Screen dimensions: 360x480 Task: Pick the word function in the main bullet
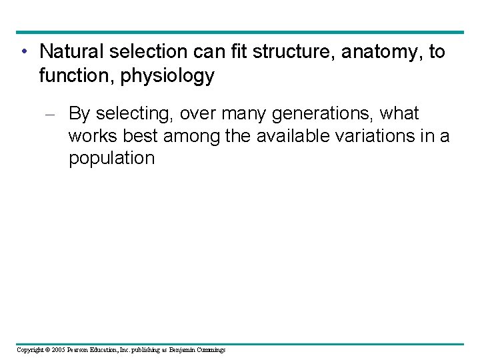(x=75, y=77)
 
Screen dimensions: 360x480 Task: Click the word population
(x=111, y=159)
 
